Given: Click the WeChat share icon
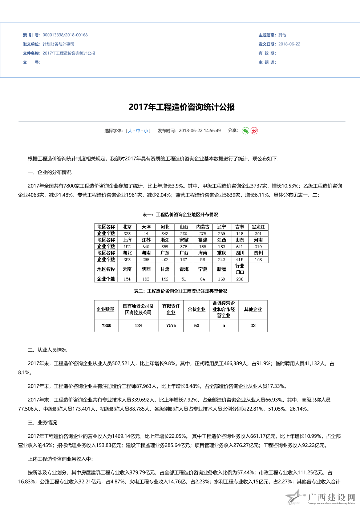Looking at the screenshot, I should [x=246, y=131].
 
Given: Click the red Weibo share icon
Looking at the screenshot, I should [x=254, y=131].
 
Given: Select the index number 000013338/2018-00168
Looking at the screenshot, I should [x=65, y=35].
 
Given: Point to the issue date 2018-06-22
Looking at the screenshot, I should [x=289, y=44].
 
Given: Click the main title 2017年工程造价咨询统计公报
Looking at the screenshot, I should [x=182, y=107].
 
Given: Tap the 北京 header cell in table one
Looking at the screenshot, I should [x=127, y=227].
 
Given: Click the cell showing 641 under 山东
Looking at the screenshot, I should [x=240, y=247].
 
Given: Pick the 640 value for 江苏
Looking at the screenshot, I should [x=146, y=247].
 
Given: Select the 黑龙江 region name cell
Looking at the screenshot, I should [x=258, y=227].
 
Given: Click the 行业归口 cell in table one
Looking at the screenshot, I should [x=240, y=269].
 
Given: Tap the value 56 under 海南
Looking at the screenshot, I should [x=203, y=260].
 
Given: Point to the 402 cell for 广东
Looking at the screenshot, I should [x=165, y=260].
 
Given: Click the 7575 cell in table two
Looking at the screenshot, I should [x=171, y=326].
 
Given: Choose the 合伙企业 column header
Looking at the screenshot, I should [x=197, y=310].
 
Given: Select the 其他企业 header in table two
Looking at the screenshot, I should [x=253, y=310].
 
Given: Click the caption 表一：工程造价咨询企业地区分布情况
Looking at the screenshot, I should [x=181, y=215].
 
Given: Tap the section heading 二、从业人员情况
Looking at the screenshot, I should [x=47, y=350].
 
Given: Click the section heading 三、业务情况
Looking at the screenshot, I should [x=43, y=423].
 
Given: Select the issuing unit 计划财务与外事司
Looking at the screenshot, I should [x=58, y=44].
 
